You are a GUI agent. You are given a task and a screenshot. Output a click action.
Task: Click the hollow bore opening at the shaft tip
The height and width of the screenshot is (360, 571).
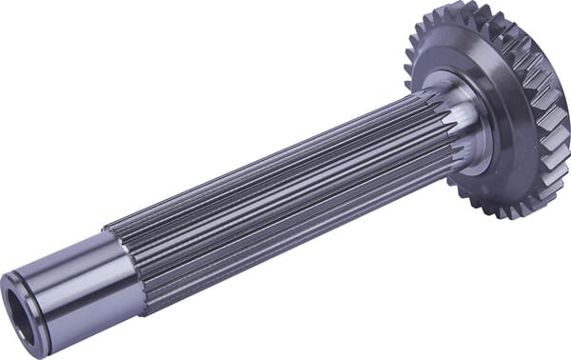click(25, 303)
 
